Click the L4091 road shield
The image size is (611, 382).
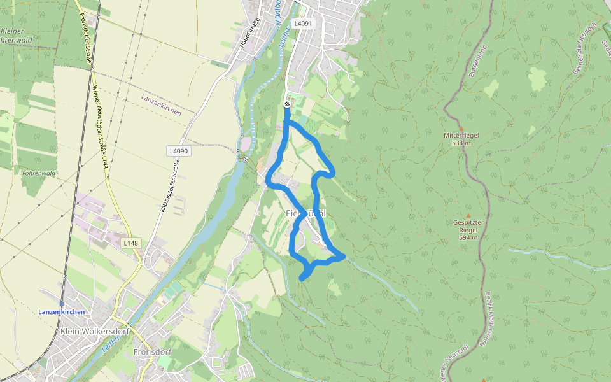point(303,23)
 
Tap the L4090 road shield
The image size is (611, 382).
point(179,151)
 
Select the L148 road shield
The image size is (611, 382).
point(130,243)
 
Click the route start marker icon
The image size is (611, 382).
point(287,104)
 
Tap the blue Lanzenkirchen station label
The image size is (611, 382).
point(61,312)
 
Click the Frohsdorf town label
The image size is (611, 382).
point(150,351)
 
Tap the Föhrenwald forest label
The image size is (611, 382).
point(38,173)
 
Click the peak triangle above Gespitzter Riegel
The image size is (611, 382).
point(469,216)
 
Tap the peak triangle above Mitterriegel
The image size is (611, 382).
point(461,127)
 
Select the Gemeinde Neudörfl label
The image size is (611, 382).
point(584,48)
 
